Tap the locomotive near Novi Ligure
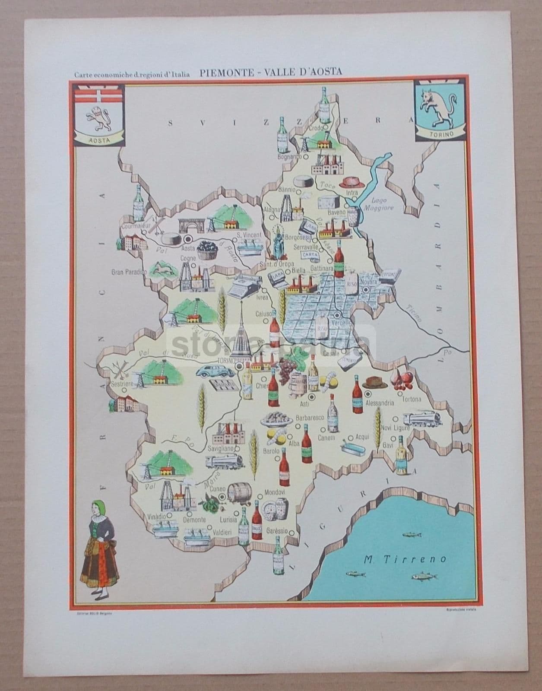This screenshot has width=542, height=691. [421, 418]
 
